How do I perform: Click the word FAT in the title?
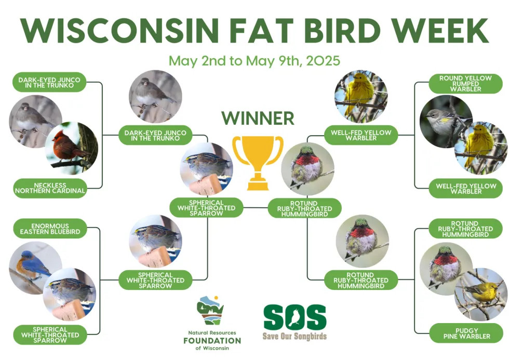262,31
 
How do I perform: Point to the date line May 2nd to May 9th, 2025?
254,61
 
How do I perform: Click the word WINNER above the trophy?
258,118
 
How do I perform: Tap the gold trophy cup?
258,163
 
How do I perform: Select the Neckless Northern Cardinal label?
50,188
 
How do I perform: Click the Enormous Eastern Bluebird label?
50,229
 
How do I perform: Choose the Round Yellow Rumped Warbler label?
465,84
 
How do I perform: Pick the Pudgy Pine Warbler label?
466,333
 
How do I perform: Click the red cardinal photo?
72,149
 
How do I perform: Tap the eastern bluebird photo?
35,268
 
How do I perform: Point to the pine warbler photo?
480,295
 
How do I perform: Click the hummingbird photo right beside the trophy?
307,169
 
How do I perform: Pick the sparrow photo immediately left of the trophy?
207,169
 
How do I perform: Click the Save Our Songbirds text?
294,336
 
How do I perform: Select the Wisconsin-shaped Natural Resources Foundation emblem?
210,310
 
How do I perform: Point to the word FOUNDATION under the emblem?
212,341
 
